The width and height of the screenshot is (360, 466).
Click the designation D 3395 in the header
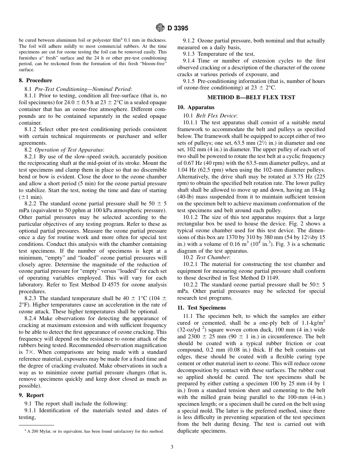[178, 28]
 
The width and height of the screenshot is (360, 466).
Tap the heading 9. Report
[31, 395]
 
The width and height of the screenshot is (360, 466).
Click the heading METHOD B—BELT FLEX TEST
[251, 97]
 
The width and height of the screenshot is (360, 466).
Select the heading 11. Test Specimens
[201, 307]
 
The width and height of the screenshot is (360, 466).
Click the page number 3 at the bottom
[172, 447]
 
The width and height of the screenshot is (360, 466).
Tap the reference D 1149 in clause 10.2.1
[269, 278]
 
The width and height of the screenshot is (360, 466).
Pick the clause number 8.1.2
[32, 129]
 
